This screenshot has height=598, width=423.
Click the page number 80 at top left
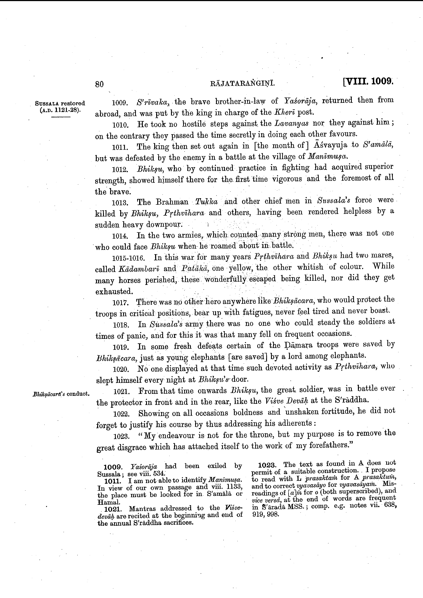(99, 84)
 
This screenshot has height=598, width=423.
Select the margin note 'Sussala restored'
(60, 103)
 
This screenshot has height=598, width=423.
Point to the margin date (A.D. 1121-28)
(60, 110)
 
